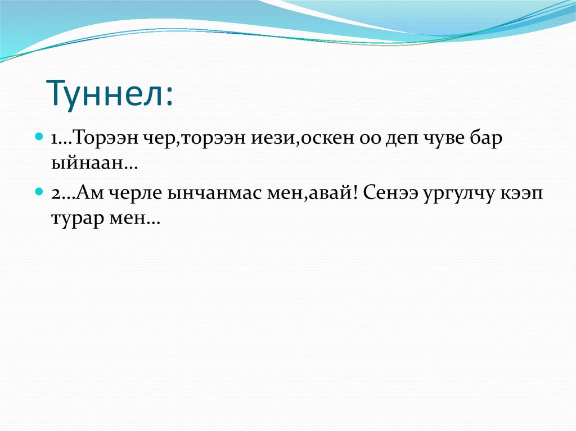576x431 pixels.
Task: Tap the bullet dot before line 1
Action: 38,137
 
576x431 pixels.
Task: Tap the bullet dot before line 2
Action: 38,191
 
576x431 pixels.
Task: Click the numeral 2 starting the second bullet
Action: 56,193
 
